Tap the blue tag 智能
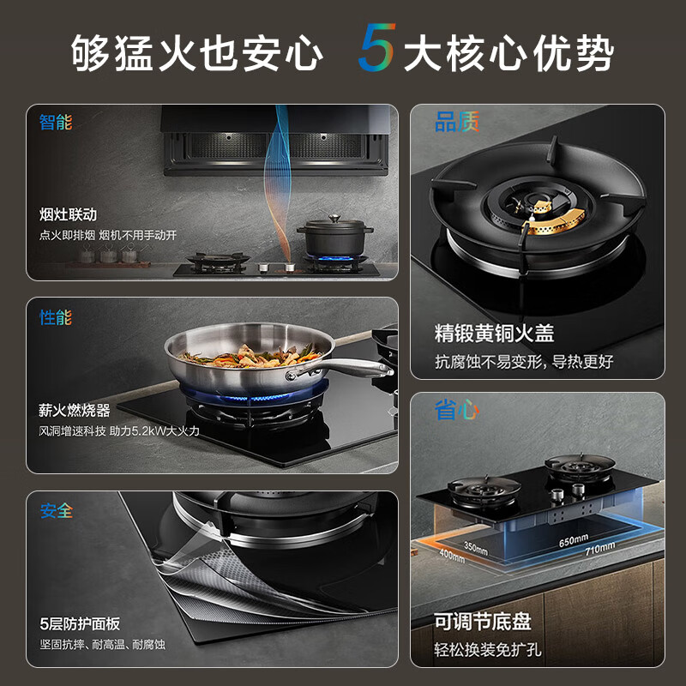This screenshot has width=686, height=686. point(56,122)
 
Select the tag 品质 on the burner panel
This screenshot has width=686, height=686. point(456,123)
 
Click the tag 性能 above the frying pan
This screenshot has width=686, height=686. point(56,317)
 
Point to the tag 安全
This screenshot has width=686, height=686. point(56,511)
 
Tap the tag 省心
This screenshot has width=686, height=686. point(456,412)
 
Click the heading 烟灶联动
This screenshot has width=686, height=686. point(69,214)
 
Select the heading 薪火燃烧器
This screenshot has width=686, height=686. point(75,411)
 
